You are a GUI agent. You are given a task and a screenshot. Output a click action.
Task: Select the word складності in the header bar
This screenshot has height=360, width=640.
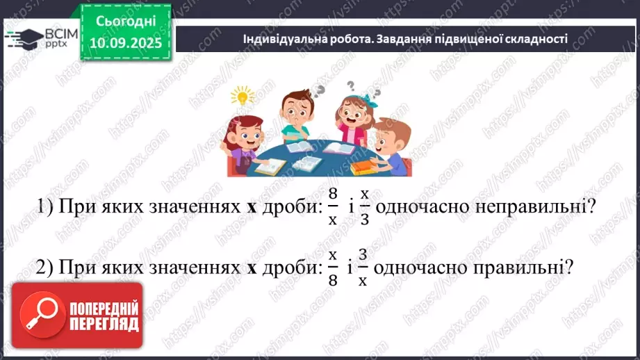(536, 39)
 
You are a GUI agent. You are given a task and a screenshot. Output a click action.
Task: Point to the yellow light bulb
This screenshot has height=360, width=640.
(243, 96)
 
